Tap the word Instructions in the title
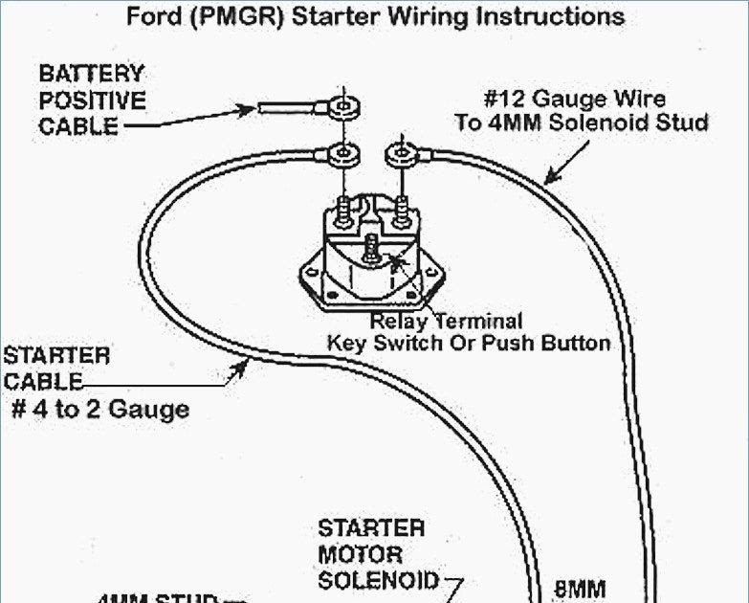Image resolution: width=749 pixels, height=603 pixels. pos(555,16)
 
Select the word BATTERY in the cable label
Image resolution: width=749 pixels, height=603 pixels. pos(92,74)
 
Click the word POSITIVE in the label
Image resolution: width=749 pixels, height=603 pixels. pos(93,100)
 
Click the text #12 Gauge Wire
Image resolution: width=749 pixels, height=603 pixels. pos(574,99)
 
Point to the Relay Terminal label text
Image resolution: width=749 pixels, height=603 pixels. pos(446,322)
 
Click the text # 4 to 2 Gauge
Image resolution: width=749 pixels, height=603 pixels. pos(99,410)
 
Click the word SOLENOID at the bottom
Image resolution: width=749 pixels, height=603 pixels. pos(378,580)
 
